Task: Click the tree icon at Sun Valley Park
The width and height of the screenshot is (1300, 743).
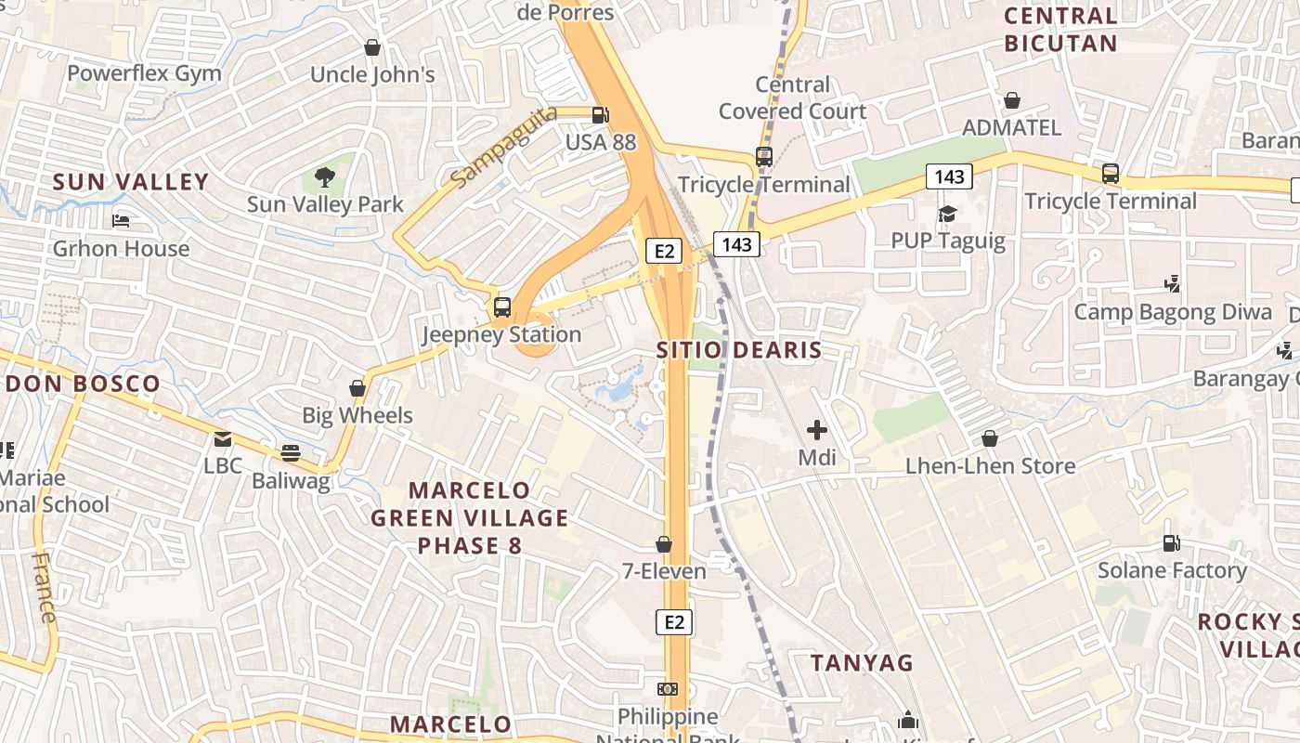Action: [x=324, y=176]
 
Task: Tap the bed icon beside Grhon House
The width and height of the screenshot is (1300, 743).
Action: [x=121, y=221]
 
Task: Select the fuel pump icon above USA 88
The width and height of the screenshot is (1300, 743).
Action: [x=601, y=115]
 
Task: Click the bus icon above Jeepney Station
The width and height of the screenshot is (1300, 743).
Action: [x=501, y=306]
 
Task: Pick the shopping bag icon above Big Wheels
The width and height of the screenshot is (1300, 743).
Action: [x=357, y=388]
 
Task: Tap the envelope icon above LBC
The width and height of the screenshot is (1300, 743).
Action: [x=223, y=439]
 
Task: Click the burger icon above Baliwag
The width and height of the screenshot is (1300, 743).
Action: [x=291, y=453]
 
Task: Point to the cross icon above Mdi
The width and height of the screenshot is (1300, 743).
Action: [x=817, y=430]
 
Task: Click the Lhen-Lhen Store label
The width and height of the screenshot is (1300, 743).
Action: [x=990, y=466]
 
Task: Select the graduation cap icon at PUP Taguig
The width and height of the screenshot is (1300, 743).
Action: [x=947, y=215]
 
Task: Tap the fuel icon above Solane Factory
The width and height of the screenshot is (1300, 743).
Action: [x=1172, y=543]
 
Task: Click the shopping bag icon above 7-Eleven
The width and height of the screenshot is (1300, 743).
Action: [x=664, y=544]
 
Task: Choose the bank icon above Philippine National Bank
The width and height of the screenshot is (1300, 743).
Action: [x=668, y=689]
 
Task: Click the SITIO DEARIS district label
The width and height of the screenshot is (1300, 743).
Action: [x=739, y=350]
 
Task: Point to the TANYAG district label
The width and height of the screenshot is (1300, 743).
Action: [x=862, y=663]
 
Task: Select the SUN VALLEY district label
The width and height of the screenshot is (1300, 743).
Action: [x=130, y=182]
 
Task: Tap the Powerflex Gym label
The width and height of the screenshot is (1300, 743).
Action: [x=144, y=73]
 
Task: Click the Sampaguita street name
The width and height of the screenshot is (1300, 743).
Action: [x=503, y=145]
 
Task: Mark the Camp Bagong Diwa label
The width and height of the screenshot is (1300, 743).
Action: [x=1173, y=312]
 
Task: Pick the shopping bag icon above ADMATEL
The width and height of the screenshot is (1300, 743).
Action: [x=1012, y=100]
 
